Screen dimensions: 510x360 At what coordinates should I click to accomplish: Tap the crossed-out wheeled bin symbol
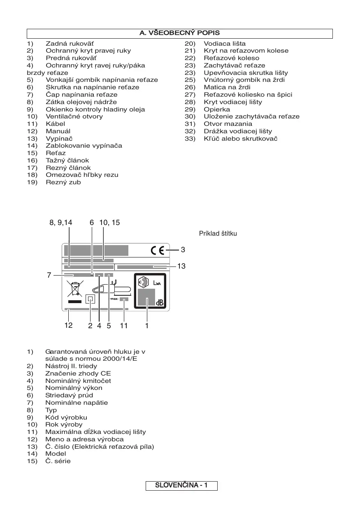tap(75, 289)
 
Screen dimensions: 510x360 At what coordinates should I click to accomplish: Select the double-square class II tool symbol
tap(90, 299)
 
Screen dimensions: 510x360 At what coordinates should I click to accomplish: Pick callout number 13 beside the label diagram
tap(181, 266)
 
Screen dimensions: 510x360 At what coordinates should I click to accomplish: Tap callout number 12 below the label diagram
tap(68, 326)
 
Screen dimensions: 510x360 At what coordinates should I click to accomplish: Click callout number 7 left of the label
tap(49, 275)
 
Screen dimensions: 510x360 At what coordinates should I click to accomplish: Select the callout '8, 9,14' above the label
tap(60, 223)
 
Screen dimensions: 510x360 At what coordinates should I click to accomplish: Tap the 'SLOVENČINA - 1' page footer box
tap(181, 486)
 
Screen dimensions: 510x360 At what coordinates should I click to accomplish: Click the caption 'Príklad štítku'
tap(218, 234)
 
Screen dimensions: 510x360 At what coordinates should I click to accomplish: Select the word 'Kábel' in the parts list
tap(55, 124)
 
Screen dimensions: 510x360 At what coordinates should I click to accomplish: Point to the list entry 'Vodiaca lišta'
tap(225, 44)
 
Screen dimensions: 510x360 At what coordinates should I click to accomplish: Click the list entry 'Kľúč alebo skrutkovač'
tap(241, 139)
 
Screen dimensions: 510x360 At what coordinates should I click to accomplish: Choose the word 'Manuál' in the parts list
tap(58, 131)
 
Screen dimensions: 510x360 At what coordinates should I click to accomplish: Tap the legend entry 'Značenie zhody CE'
tap(78, 373)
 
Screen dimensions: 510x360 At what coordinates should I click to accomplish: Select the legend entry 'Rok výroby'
tap(64, 424)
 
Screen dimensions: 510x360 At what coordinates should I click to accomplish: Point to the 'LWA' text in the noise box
tap(158, 283)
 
